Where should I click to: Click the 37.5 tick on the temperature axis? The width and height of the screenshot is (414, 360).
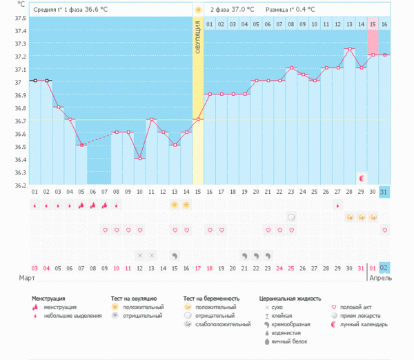(x=20, y=18)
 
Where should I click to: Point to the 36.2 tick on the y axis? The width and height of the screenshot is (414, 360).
(x=20, y=186)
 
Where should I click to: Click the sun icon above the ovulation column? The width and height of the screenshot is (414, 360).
(x=198, y=10)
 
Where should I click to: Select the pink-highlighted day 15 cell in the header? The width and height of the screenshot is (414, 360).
(x=373, y=24)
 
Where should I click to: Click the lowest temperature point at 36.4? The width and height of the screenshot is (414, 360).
(x=139, y=159)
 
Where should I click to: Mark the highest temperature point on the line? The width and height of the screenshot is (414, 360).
(x=349, y=49)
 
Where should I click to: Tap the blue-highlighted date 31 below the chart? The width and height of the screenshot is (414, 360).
(x=384, y=191)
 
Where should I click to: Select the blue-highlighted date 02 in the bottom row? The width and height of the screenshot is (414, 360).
(x=384, y=268)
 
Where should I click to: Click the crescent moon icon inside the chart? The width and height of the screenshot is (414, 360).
(x=362, y=178)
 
